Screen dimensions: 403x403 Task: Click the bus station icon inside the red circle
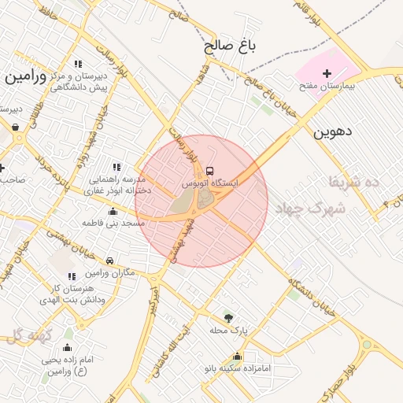(x=209, y=171)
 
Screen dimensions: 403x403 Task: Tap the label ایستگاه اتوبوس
(x=210, y=182)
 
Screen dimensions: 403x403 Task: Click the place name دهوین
(x=331, y=132)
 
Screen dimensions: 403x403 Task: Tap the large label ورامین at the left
(x=26, y=77)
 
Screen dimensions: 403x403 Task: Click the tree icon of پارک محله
(x=228, y=318)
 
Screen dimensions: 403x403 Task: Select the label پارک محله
(x=229, y=330)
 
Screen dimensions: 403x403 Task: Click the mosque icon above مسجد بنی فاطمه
(x=113, y=212)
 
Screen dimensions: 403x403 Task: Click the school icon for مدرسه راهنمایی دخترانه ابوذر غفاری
(x=117, y=167)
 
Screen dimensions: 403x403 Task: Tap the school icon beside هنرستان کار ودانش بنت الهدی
(x=72, y=276)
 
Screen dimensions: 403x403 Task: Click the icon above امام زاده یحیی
(x=67, y=347)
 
